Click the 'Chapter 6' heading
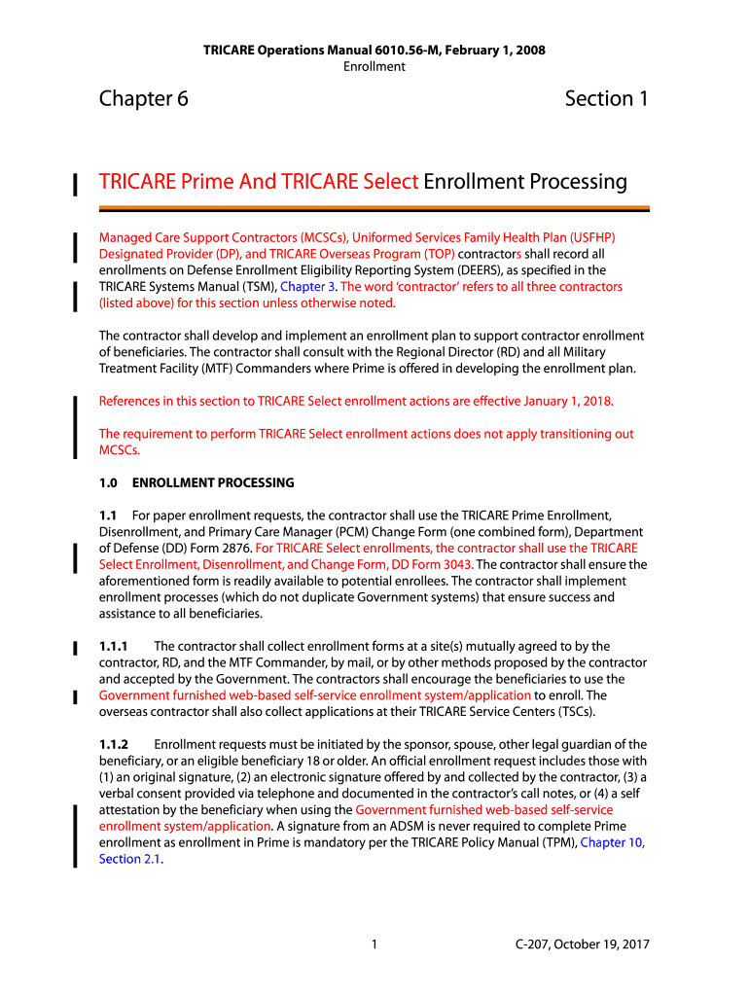143,99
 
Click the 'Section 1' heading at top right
606,99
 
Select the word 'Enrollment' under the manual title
374,66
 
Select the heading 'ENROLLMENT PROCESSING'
212,482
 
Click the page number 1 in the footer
374,944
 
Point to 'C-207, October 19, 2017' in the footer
583,944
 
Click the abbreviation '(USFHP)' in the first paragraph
590,237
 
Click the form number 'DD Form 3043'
434,564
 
